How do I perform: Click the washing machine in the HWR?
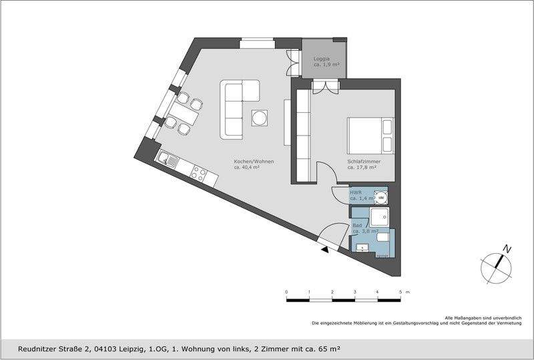tap(380, 197)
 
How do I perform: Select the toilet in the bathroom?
tap(383, 237)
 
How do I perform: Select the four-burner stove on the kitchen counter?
tap(199, 173)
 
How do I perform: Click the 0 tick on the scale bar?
tap(286, 293)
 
